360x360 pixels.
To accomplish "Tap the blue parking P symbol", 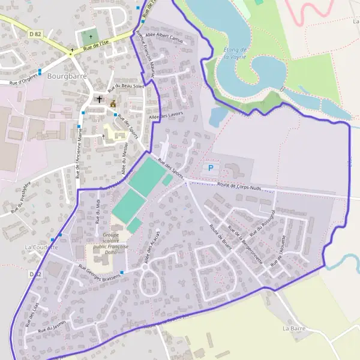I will point(209,168).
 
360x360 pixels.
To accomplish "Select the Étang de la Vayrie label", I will point(235,53).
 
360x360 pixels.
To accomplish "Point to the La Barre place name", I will point(295,329).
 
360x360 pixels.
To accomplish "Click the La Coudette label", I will point(41,247).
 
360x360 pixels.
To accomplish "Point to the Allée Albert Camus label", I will point(165,38).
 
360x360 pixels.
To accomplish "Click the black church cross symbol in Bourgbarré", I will point(100,99).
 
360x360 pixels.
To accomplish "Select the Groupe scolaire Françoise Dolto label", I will point(111,244).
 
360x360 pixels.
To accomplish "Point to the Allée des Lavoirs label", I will point(165,114).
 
